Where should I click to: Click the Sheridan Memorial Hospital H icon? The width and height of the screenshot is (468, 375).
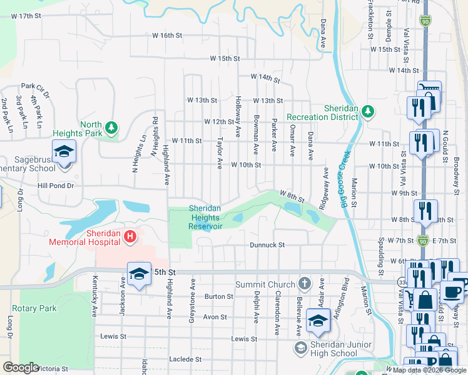(130, 236)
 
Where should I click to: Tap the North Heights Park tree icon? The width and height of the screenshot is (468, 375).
(111, 127)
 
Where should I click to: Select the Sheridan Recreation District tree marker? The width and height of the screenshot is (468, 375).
(368, 111)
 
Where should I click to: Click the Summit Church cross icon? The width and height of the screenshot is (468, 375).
(304, 284)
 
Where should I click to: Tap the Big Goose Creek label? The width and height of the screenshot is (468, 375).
(345, 176)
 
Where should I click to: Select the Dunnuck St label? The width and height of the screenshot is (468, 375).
(267, 245)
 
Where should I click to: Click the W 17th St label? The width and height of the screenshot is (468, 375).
(26, 15)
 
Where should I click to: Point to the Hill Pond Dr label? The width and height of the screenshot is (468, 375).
(56, 186)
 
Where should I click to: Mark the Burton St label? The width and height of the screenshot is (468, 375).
(219, 296)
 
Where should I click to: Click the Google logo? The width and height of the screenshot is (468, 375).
(21, 367)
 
